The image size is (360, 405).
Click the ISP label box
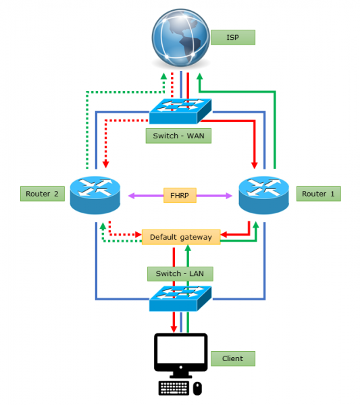(x=232, y=37)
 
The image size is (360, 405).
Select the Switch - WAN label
(x=178, y=136)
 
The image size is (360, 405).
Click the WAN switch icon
(x=180, y=109)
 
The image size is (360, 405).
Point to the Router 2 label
(x=43, y=194)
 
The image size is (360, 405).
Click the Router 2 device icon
(x=95, y=194)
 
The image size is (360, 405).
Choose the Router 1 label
(x=318, y=194)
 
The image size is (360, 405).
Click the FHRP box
(x=180, y=195)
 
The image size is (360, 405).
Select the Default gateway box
(x=180, y=237)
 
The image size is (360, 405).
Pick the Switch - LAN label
(x=180, y=273)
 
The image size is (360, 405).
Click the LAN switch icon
(x=180, y=298)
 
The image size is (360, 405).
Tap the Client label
(x=232, y=358)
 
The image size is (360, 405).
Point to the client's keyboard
(x=174, y=388)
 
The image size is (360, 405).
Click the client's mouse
(x=197, y=388)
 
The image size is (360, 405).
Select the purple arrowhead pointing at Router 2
(x=124, y=195)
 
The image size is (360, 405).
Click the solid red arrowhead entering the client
(x=173, y=328)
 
